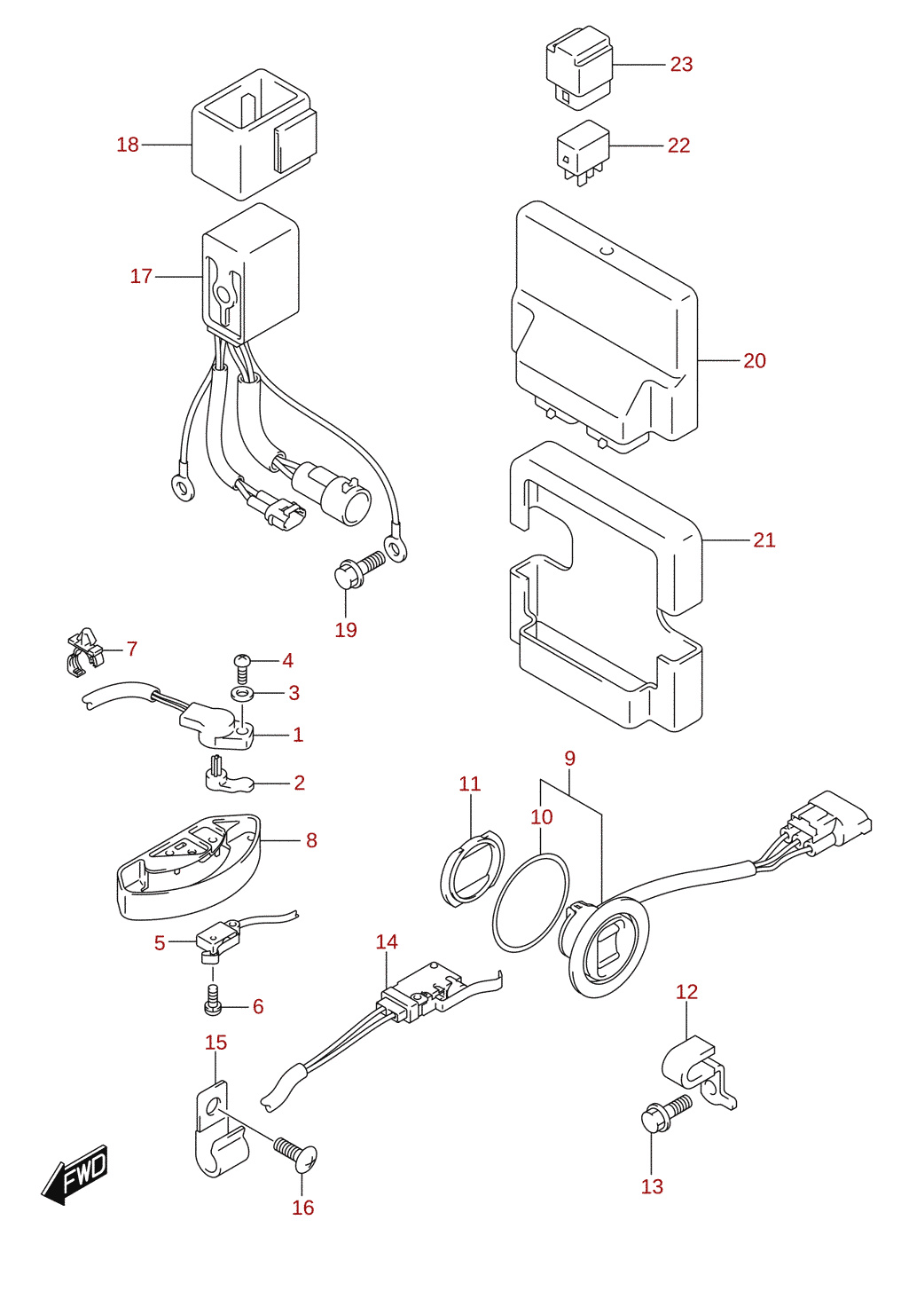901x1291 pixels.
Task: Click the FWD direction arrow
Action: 74,1175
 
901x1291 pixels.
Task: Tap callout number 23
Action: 681,64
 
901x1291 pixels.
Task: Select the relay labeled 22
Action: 583,152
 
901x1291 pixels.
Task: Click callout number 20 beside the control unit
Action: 754,361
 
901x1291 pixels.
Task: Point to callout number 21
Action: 764,540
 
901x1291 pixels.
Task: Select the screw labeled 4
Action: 242,668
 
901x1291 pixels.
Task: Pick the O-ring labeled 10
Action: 530,903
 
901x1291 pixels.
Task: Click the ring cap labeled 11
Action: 472,868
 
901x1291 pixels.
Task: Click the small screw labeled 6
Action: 213,1004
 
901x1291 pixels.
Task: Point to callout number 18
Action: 128,145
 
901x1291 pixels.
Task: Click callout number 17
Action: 141,276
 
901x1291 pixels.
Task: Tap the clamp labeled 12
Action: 698,1073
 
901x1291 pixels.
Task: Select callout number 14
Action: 387,941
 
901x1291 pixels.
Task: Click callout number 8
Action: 311,840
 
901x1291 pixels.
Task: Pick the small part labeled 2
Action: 228,776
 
